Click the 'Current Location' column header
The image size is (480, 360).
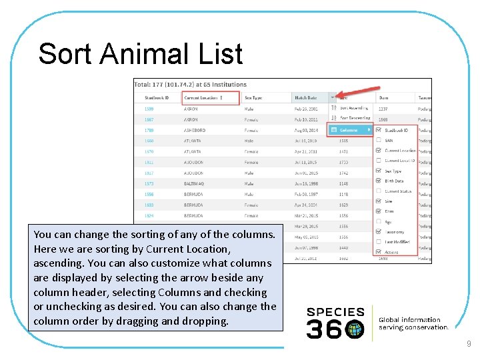tap(201, 98)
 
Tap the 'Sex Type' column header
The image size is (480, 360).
tap(253, 98)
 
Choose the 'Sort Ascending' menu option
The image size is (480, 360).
tap(353, 108)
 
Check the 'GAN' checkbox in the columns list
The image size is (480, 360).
tap(379, 141)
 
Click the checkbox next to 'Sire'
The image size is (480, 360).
tap(379, 201)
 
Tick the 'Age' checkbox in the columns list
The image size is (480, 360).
tap(379, 221)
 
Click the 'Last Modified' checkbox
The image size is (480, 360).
tap(379, 241)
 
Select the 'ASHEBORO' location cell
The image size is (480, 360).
tap(195, 130)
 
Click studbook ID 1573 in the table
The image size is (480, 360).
tap(149, 183)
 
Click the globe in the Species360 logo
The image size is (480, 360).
tap(355, 328)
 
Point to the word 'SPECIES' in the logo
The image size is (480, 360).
tap(335, 312)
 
